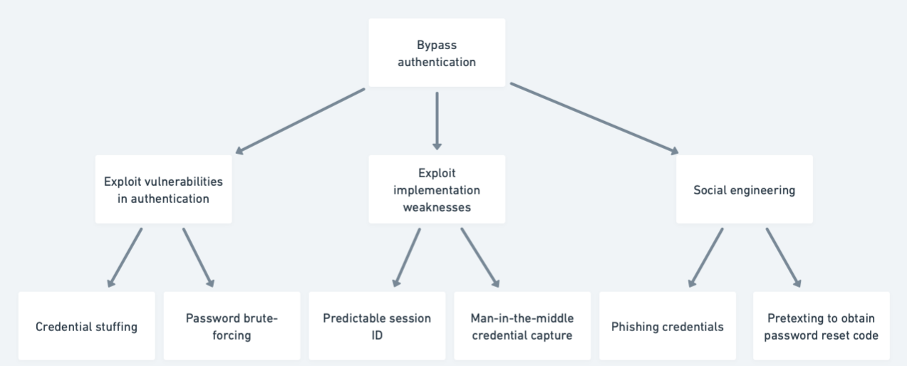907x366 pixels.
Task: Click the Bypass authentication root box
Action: (x=436, y=53)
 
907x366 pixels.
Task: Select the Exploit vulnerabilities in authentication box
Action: (x=163, y=189)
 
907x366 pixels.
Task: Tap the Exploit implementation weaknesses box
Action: (x=436, y=189)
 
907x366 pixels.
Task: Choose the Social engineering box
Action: (x=744, y=189)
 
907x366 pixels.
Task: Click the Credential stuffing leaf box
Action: (x=86, y=326)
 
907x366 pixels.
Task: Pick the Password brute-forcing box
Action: (x=232, y=326)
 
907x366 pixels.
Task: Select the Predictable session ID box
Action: (x=377, y=326)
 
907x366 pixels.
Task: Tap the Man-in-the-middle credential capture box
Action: (x=522, y=326)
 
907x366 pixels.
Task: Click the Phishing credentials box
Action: (x=667, y=326)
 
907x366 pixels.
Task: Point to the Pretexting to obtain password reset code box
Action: (x=821, y=326)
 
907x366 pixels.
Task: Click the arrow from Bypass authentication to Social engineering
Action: (x=594, y=117)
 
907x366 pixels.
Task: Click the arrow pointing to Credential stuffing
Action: (x=125, y=257)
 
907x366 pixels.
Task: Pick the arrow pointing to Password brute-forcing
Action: (x=197, y=257)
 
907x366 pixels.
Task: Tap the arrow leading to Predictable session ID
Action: (x=406, y=257)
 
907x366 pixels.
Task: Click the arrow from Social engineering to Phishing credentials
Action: (x=706, y=257)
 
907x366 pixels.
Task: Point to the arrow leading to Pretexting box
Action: (x=783, y=257)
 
